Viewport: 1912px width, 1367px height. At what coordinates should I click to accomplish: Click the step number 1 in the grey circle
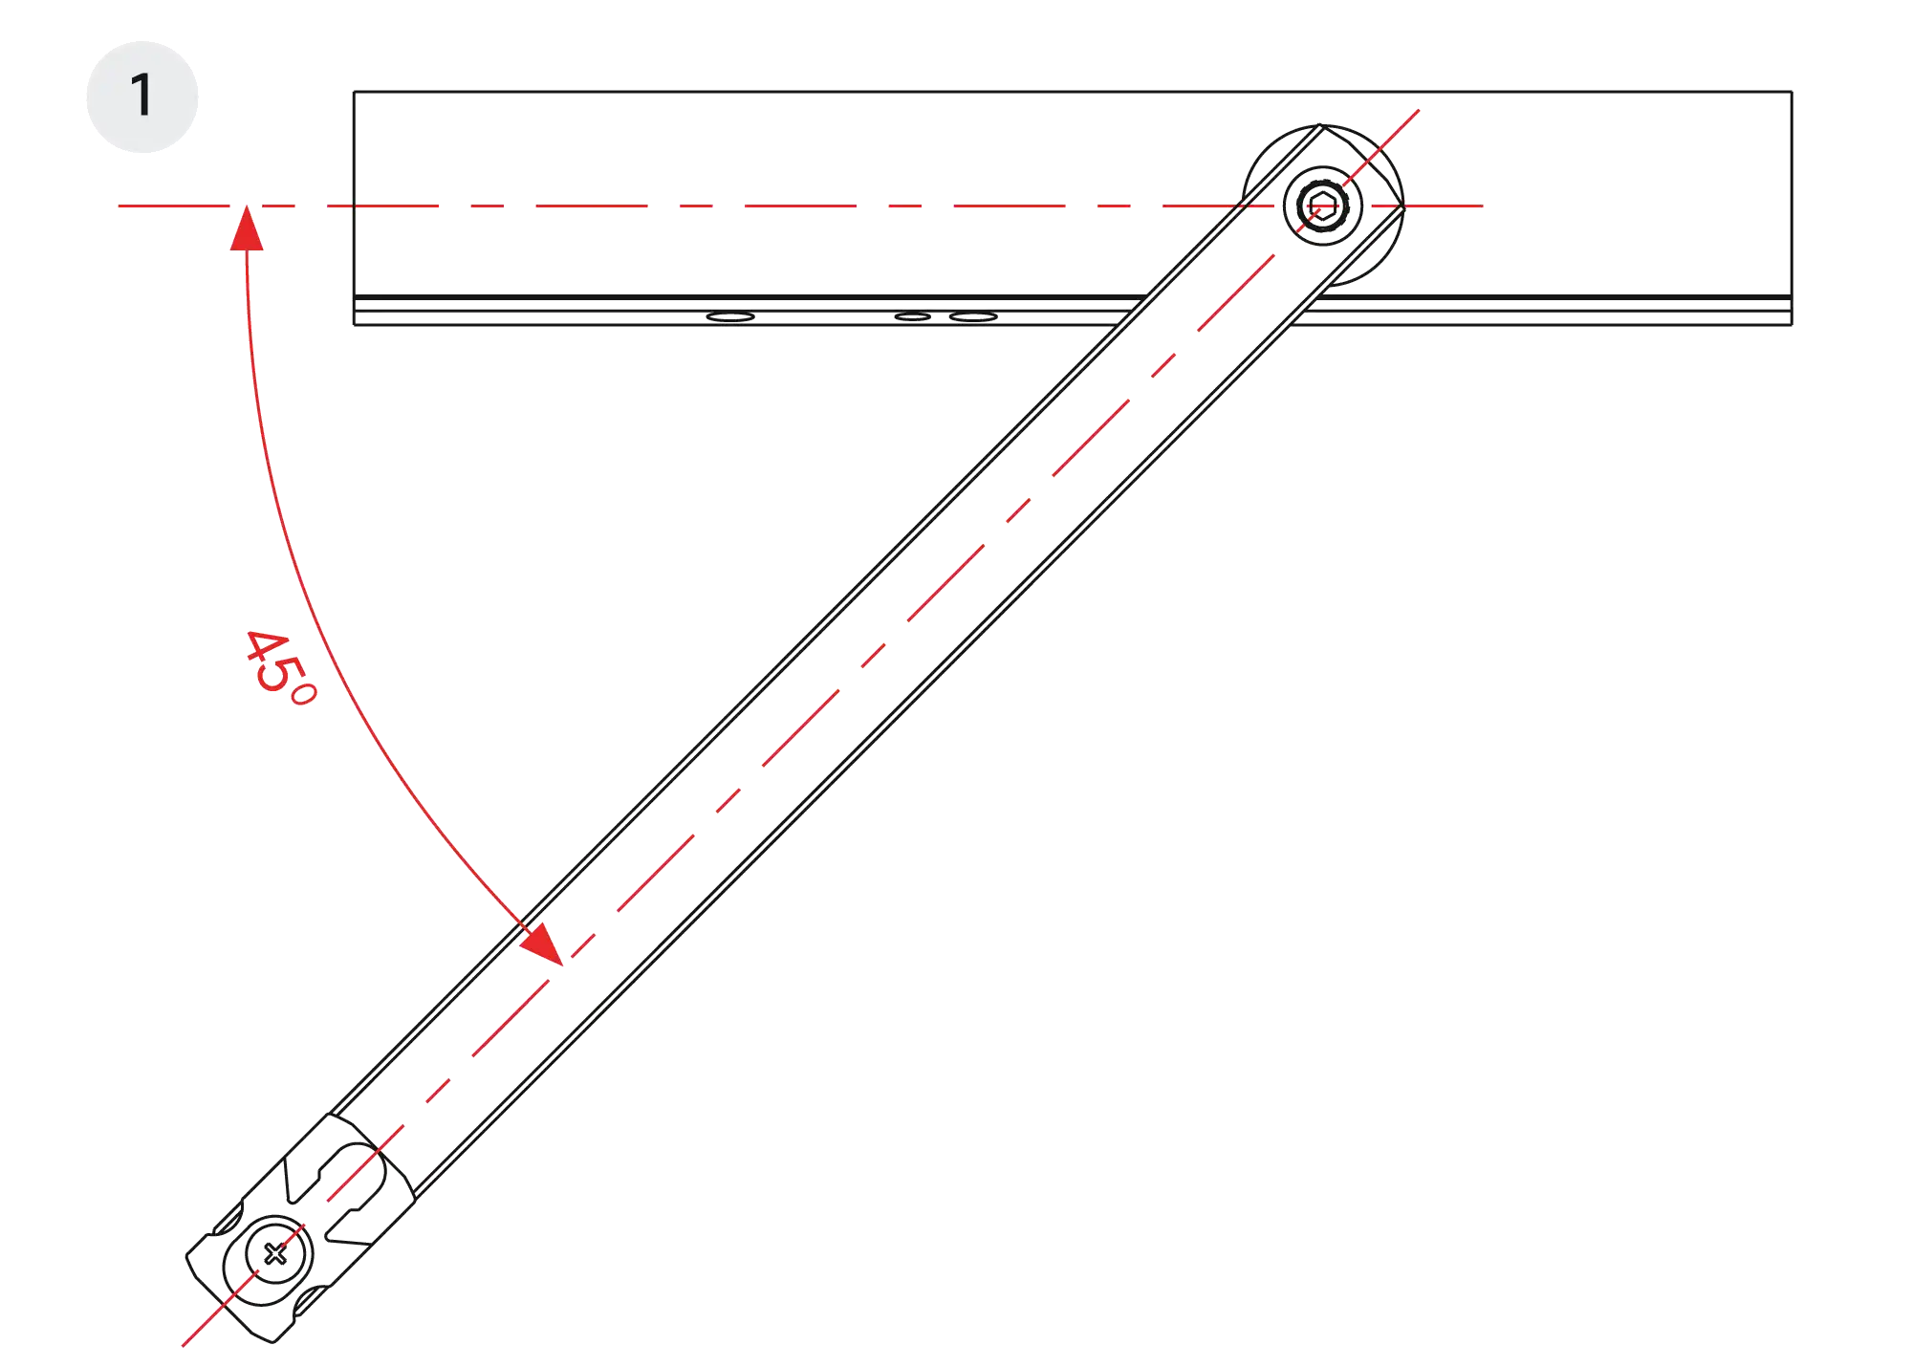tap(141, 96)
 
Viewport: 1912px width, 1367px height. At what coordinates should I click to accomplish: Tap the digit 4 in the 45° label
tap(265, 648)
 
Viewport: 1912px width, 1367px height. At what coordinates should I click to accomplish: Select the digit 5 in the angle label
tap(278, 674)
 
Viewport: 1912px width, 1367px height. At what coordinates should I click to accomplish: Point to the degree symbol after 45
tap(303, 693)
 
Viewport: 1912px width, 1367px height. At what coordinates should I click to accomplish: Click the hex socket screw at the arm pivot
tap(1323, 206)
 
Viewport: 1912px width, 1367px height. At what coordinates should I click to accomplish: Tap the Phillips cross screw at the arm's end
tap(275, 1253)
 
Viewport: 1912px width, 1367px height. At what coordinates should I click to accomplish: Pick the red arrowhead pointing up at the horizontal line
tap(247, 228)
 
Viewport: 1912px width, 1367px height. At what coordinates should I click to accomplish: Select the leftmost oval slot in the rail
tap(730, 316)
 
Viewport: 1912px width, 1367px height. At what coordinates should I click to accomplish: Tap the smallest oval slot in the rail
tap(912, 316)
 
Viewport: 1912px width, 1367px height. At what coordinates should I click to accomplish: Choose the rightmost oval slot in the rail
tap(973, 316)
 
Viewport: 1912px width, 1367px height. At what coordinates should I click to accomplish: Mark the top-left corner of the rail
tap(355, 92)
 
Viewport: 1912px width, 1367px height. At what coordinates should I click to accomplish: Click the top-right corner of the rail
tap(1792, 92)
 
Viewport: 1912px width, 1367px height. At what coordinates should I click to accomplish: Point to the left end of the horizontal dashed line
tap(119, 206)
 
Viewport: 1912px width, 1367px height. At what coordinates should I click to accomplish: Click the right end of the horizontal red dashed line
tap(1483, 206)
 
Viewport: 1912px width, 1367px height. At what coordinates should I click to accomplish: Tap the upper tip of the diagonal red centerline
tap(1419, 110)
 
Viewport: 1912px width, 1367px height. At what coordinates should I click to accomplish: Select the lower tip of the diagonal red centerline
tap(183, 1346)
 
